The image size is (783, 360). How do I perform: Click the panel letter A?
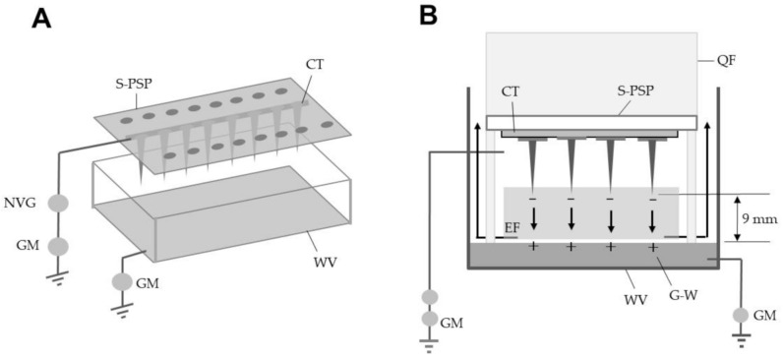tap(41, 19)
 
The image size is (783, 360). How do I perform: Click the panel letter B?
tap(429, 16)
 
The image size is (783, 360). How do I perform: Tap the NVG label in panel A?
tap(30, 203)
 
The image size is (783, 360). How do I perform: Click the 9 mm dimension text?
tap(753, 218)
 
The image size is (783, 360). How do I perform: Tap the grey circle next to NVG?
tap(58, 204)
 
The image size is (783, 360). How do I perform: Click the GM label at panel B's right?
tap(765, 315)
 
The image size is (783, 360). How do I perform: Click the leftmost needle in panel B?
tap(533, 162)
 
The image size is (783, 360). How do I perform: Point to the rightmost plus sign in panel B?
tap(652, 247)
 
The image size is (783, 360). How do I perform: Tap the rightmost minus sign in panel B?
tap(653, 200)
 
